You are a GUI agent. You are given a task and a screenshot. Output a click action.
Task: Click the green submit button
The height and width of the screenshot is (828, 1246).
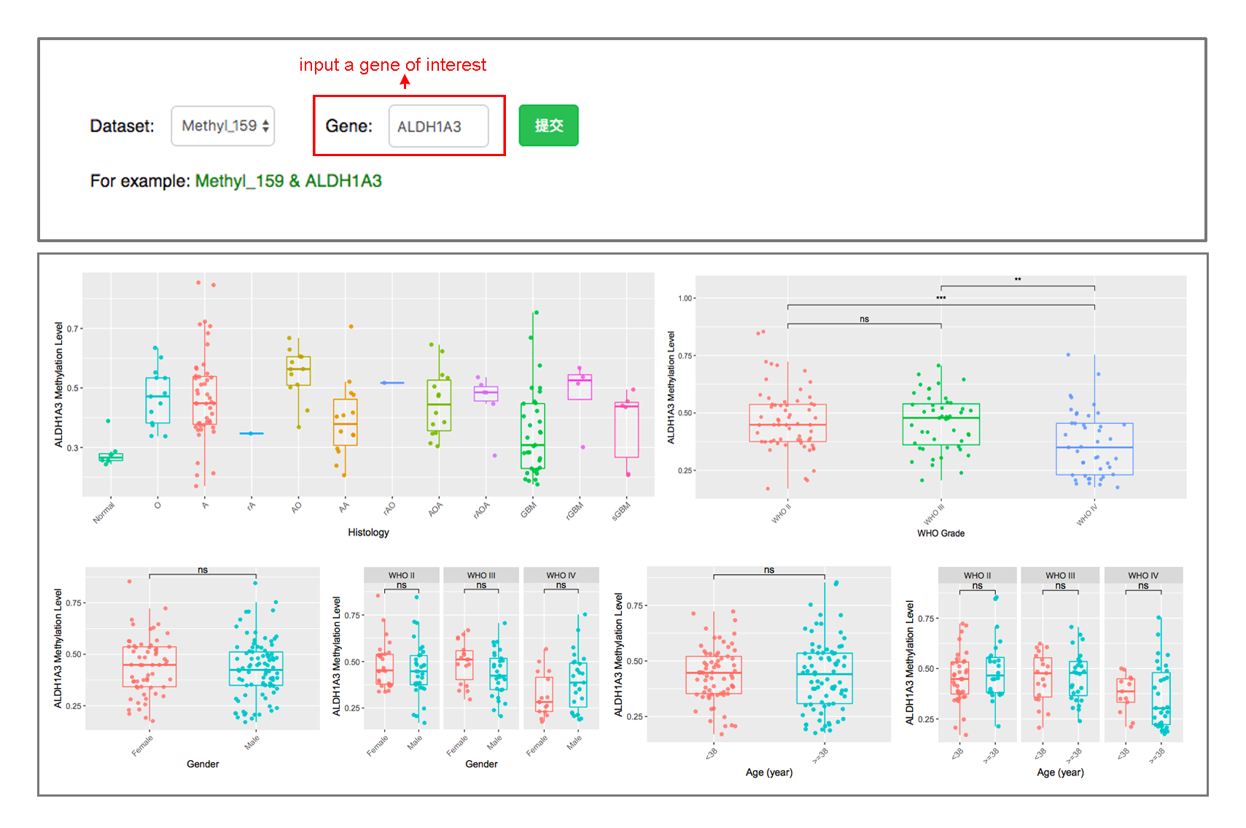point(548,125)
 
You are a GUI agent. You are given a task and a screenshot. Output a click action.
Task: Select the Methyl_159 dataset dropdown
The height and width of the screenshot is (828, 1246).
point(222,126)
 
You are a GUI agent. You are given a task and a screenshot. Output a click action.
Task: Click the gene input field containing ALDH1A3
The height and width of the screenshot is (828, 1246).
point(438,126)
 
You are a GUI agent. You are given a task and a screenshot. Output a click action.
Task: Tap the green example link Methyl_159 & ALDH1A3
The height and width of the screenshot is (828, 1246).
point(288,181)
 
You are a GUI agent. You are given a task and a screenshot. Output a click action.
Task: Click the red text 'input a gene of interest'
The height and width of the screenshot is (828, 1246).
point(392,65)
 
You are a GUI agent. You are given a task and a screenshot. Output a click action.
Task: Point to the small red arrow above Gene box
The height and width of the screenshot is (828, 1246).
point(405,82)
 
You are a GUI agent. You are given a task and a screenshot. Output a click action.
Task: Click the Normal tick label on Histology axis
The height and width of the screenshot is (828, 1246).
point(104,513)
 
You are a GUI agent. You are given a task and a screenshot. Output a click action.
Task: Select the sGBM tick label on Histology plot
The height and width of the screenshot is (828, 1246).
point(621,511)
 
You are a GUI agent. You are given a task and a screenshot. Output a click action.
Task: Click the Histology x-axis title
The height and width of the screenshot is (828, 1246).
point(368,533)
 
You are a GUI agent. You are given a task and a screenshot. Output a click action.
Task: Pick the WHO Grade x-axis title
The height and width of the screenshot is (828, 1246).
point(941,533)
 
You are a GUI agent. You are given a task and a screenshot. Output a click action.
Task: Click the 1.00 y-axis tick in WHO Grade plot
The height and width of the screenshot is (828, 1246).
point(685,298)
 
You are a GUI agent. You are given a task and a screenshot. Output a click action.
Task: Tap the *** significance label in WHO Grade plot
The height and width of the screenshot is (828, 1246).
point(941,298)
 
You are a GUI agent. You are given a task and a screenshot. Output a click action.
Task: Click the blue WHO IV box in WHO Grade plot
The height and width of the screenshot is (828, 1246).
point(1094,449)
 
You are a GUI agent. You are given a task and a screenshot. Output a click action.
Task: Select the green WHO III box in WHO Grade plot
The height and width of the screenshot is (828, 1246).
point(941,424)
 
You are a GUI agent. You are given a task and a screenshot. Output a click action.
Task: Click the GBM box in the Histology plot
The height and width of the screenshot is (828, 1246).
point(532,436)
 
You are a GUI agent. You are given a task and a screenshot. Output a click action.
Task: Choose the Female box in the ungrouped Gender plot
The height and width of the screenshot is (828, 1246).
point(149,666)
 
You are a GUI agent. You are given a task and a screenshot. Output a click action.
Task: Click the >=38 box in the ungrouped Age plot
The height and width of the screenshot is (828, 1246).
point(825,678)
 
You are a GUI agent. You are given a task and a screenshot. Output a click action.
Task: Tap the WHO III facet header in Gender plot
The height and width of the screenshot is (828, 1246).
point(481,576)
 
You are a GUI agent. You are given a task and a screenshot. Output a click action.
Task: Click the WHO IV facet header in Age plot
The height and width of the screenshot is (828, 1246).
point(1142,576)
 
